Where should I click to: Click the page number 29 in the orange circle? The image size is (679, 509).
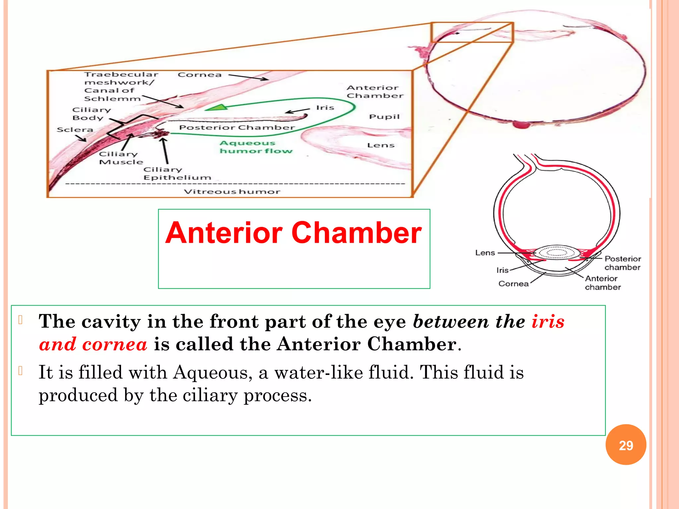point(626,445)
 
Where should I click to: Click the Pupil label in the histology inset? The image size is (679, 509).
point(384,117)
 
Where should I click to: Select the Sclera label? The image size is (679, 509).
point(75,130)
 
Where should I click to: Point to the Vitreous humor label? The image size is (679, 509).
point(232,192)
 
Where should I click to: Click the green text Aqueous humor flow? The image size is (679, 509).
point(256,147)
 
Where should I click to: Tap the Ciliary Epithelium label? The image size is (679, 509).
point(177,173)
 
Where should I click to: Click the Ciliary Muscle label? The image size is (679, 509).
point(121,158)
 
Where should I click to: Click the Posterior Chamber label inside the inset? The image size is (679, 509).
point(237,128)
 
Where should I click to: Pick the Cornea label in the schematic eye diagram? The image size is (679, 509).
point(513,284)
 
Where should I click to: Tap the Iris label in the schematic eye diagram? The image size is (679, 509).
point(502,270)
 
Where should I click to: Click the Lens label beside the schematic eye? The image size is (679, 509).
point(485,253)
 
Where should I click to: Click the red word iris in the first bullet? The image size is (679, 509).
point(548,321)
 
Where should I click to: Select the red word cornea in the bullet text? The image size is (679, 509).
point(114,344)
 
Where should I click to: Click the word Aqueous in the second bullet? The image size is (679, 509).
point(211,372)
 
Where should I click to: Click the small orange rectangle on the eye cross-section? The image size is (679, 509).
point(472,32)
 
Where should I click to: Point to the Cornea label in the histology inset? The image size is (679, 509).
point(199,75)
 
